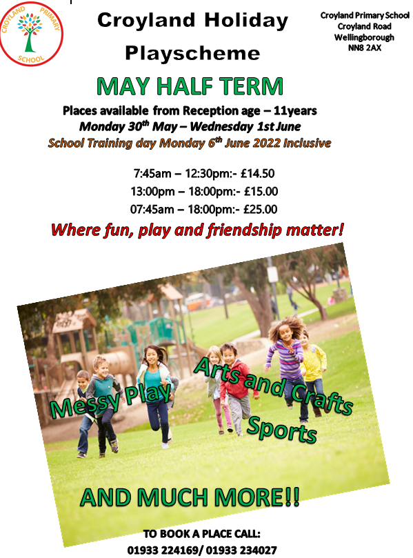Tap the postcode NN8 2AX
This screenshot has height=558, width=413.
point(364,48)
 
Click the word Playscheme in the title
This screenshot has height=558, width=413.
point(192,54)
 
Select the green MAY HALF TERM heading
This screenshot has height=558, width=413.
point(190,86)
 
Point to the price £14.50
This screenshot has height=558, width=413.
point(258,174)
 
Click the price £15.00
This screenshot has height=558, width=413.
point(261,192)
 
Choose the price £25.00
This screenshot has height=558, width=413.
point(260,209)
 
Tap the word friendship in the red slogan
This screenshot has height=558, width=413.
point(244,230)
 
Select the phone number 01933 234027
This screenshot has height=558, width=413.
point(241,550)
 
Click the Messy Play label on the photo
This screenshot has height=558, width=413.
point(110,400)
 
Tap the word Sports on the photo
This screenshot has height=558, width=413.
point(282,430)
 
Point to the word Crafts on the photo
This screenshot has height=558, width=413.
point(322,399)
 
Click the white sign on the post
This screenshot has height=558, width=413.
point(272,275)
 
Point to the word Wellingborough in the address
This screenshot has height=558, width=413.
point(364,37)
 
